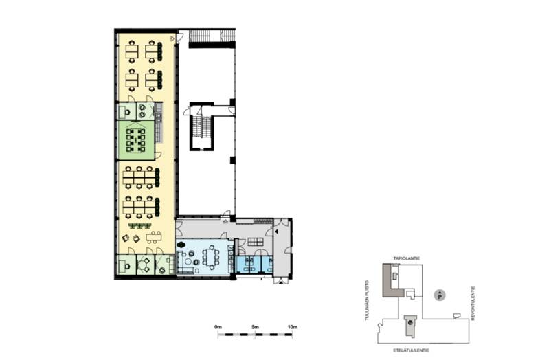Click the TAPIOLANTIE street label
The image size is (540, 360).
point(407,258)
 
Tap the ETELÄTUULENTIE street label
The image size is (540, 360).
point(412,350)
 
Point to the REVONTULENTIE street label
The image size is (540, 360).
point(473,304)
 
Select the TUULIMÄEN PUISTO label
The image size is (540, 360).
point(367,300)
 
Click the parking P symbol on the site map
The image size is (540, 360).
point(440,295)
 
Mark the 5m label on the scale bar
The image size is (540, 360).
point(255,327)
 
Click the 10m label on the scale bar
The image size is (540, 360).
point(292,327)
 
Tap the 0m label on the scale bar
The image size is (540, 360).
point(218,327)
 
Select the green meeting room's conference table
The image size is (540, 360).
point(136,140)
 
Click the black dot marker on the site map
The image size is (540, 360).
point(410,323)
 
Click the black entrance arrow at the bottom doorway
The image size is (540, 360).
point(282,282)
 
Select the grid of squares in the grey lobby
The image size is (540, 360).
point(255,241)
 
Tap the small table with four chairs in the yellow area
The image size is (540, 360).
point(154,237)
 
